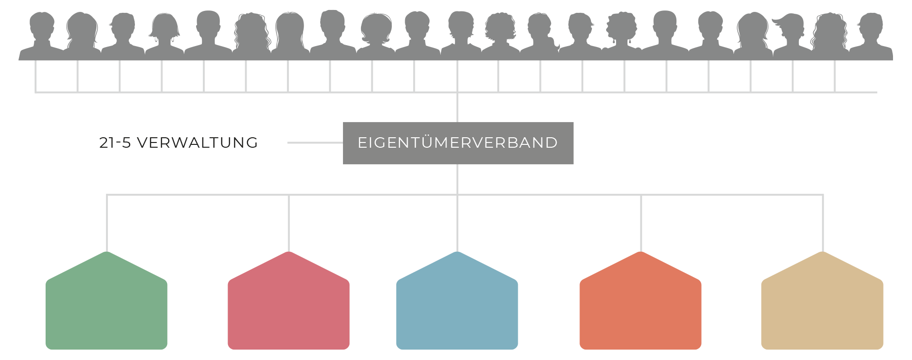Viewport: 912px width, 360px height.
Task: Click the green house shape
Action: (x=106, y=309)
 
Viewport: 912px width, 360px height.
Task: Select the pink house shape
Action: (x=288, y=309)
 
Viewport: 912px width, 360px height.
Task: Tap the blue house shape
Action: (x=457, y=309)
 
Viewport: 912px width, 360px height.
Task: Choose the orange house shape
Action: (x=640, y=309)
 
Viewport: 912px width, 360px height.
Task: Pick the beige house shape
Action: (x=822, y=309)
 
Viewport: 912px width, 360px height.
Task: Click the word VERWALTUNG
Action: (x=197, y=142)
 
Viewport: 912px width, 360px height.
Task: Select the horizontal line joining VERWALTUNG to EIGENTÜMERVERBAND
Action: (x=315, y=142)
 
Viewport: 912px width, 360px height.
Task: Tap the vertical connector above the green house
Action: (x=107, y=223)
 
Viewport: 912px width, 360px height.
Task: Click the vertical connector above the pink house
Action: (x=289, y=223)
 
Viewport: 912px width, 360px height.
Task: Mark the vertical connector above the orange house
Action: (x=641, y=223)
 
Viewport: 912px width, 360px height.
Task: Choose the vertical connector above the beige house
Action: (x=823, y=223)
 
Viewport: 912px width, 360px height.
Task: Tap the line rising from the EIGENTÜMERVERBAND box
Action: (x=457, y=108)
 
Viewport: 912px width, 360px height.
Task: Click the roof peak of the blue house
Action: (x=457, y=253)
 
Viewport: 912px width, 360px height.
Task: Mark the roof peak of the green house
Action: (x=107, y=253)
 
